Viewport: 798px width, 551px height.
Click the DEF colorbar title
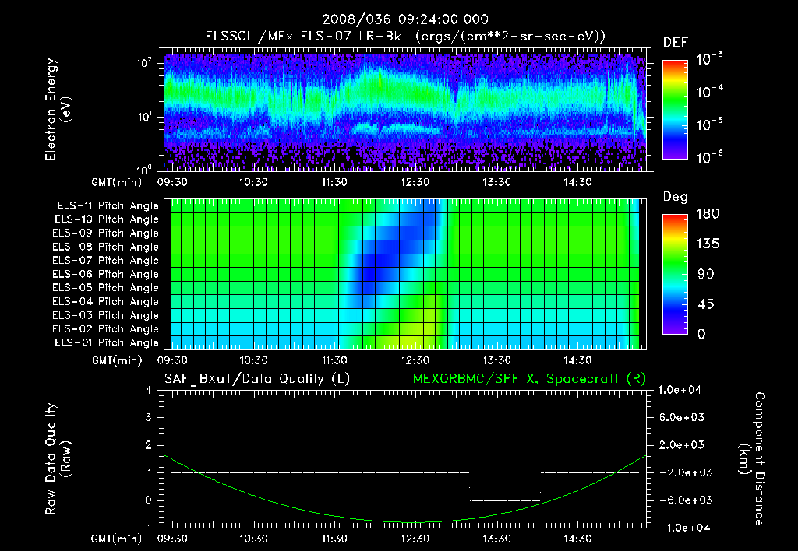(x=674, y=42)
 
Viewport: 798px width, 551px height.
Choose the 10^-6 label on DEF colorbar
(x=711, y=156)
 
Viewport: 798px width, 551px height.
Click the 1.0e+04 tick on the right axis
(x=682, y=390)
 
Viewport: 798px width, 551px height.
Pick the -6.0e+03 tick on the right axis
(x=682, y=500)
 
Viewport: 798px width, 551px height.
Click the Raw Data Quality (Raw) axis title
(x=58, y=459)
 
